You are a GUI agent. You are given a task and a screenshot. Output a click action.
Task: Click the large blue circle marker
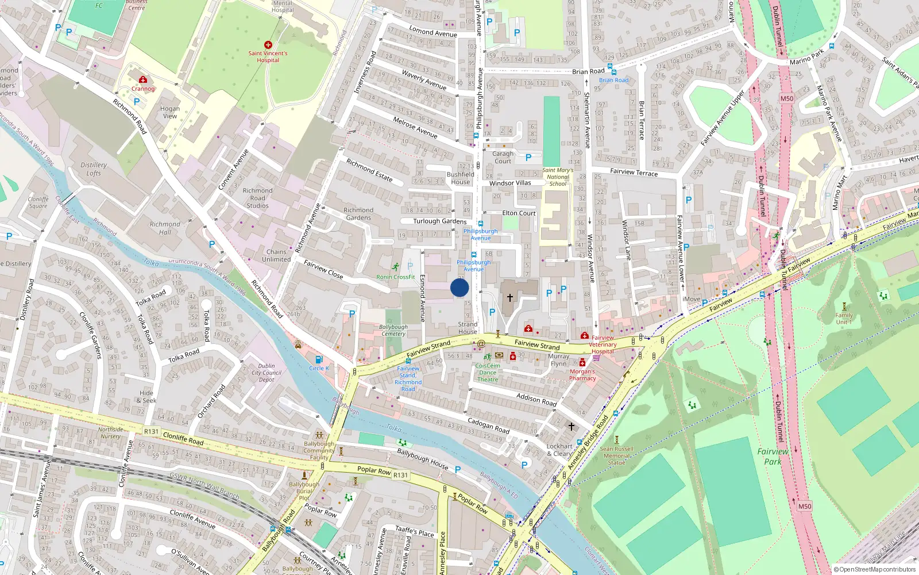pos(459,287)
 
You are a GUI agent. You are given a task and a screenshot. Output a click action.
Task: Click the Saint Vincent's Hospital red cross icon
pos(268,44)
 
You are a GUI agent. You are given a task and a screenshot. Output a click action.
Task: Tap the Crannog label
pos(143,89)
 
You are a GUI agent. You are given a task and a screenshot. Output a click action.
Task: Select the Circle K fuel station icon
pos(319,359)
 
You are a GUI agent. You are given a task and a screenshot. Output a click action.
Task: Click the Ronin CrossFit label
pos(395,277)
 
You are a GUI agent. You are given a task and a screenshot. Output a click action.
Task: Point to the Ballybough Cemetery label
pos(393,330)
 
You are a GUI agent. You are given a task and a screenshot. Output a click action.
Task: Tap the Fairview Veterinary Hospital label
pos(603,344)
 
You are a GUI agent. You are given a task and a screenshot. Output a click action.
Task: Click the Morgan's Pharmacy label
pos(582,375)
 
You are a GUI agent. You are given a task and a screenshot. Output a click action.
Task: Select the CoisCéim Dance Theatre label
pos(488,373)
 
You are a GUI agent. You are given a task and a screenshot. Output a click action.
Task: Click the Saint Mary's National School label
pos(558,177)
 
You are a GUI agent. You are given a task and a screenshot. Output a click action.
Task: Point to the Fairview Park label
pos(773,457)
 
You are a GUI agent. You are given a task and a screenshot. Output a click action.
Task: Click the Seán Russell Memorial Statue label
pos(616,455)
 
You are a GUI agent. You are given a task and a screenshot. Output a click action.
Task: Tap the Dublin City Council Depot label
pos(267,373)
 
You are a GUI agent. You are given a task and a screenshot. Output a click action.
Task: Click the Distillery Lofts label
pos(94,169)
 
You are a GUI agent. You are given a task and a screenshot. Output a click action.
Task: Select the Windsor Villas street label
pos(510,183)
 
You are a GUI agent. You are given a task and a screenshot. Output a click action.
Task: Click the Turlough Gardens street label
pos(440,221)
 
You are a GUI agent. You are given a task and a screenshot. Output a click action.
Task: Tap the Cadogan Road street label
pos(488,425)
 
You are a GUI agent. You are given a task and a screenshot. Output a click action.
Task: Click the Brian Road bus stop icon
pos(612,72)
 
